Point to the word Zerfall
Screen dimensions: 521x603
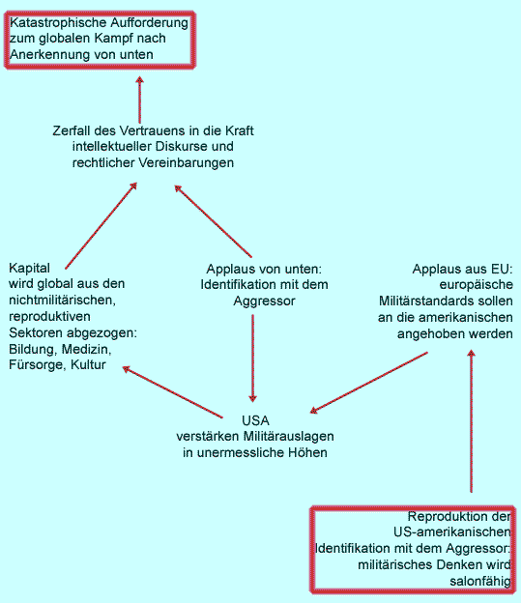click(x=72, y=130)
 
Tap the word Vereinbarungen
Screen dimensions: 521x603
click(x=186, y=162)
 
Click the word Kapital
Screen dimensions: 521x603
click(x=29, y=268)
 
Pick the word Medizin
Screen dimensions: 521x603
click(x=87, y=349)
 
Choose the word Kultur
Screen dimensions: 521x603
click(x=88, y=365)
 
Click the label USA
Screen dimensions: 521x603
click(x=255, y=420)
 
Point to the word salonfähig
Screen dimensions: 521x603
click(x=480, y=581)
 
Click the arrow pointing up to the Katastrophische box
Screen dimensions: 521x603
click(x=140, y=100)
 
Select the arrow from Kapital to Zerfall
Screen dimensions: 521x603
click(x=101, y=226)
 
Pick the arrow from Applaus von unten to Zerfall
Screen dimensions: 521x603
click(x=214, y=221)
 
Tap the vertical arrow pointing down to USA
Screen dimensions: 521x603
click(x=253, y=359)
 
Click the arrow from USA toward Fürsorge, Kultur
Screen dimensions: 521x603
click(x=172, y=392)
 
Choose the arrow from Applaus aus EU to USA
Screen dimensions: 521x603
click(x=369, y=383)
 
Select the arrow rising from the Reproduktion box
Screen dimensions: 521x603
click(x=472, y=420)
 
